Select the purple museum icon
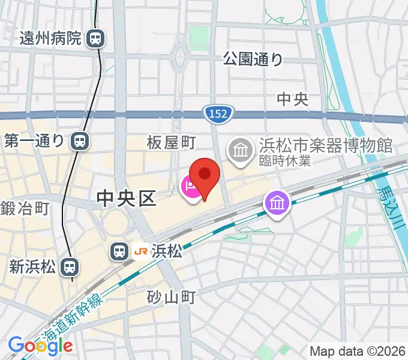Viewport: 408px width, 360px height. click(277, 204)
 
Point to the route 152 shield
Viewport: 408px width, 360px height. click(218, 113)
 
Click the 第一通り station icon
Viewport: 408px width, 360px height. click(79, 141)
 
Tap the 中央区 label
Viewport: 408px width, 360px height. click(126, 197)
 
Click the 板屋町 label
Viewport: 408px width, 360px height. click(172, 142)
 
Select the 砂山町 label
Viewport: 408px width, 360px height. click(172, 296)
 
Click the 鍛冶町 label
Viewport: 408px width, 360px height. click(24, 209)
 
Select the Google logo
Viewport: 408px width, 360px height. click(40, 345)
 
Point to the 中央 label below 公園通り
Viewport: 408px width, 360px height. click(293, 100)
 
